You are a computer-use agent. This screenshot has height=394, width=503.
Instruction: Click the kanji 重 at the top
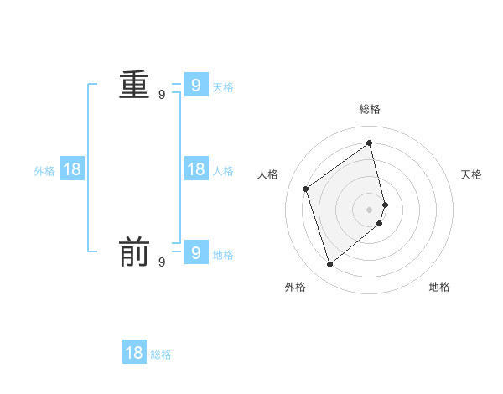[134, 86]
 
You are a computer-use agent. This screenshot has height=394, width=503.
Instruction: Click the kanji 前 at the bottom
[134, 251]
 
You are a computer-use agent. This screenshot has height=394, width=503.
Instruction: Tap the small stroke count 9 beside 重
[162, 95]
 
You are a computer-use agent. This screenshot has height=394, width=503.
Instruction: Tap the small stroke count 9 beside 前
[162, 262]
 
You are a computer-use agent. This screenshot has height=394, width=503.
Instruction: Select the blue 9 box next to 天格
[195, 85]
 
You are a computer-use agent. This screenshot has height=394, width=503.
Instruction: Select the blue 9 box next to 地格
[195, 251]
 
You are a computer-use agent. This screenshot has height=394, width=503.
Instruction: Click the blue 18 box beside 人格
[195, 169]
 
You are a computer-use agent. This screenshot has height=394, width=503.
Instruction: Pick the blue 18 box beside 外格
[72, 169]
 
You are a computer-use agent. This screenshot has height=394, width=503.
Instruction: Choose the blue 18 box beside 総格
[134, 353]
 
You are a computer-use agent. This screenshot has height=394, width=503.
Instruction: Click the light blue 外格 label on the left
[44, 171]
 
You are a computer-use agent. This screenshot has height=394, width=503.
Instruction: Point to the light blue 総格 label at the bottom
[161, 355]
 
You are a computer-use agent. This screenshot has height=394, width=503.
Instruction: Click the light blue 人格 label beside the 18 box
[223, 171]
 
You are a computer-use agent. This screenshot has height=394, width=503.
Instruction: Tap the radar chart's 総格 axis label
[370, 109]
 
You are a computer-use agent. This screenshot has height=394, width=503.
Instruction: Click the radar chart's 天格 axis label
[471, 174]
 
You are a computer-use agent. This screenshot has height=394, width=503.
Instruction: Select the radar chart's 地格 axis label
[439, 287]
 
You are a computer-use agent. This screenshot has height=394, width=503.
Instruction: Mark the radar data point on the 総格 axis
[370, 143]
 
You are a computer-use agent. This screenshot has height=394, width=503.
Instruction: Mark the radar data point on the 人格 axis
[306, 189]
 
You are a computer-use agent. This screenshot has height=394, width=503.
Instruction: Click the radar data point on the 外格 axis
[330, 265]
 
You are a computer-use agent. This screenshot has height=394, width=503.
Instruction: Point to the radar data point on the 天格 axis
[385, 205]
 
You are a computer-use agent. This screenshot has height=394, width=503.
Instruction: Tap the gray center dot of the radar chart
[370, 209]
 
